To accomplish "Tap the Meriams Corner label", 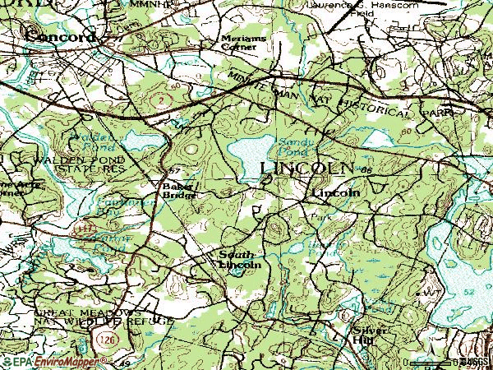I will click(240, 43).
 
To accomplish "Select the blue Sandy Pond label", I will click(291, 146).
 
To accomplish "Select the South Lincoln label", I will click(240, 260).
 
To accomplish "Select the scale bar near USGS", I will click(431, 362).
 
